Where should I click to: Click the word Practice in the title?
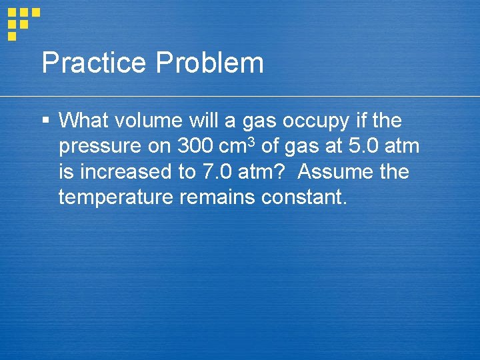click(x=93, y=63)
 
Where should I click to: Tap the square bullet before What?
click(x=45, y=121)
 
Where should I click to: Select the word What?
click(x=82, y=121)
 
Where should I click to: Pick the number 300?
click(x=195, y=146)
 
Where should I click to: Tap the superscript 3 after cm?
click(x=251, y=141)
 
